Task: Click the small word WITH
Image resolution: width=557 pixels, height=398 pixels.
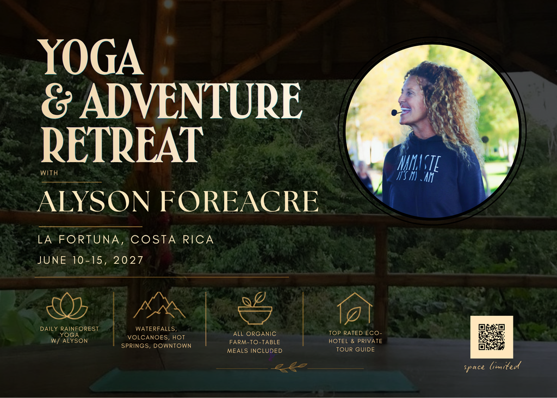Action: [x=49, y=173]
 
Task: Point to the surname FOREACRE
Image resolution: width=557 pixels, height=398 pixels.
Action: [x=239, y=201]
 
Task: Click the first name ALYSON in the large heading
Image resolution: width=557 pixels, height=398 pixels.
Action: [x=94, y=201]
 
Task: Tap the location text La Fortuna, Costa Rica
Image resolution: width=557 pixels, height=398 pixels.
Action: [x=126, y=240]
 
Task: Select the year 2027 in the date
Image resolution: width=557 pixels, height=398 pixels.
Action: [x=128, y=260]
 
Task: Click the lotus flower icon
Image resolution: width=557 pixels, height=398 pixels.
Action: [x=67, y=307]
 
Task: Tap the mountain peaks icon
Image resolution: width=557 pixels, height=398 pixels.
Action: [x=159, y=306]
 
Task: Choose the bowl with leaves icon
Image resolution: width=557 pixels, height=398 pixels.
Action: [x=255, y=308]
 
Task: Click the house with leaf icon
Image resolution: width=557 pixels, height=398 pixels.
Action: [x=355, y=308]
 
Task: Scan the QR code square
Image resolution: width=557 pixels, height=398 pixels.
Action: [x=492, y=337]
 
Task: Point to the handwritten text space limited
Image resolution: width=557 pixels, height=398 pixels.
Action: [x=492, y=366]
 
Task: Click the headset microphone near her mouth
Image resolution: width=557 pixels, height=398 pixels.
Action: [x=395, y=113]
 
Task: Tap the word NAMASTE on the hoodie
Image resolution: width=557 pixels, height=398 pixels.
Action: [x=419, y=163]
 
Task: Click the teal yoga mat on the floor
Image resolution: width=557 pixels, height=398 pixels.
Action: [x=253, y=380]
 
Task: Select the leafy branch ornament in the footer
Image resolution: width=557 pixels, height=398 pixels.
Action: [x=289, y=367]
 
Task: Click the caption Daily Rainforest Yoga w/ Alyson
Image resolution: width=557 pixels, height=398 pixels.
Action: [x=69, y=335]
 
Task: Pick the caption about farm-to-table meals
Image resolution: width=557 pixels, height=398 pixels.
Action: [x=255, y=342]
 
